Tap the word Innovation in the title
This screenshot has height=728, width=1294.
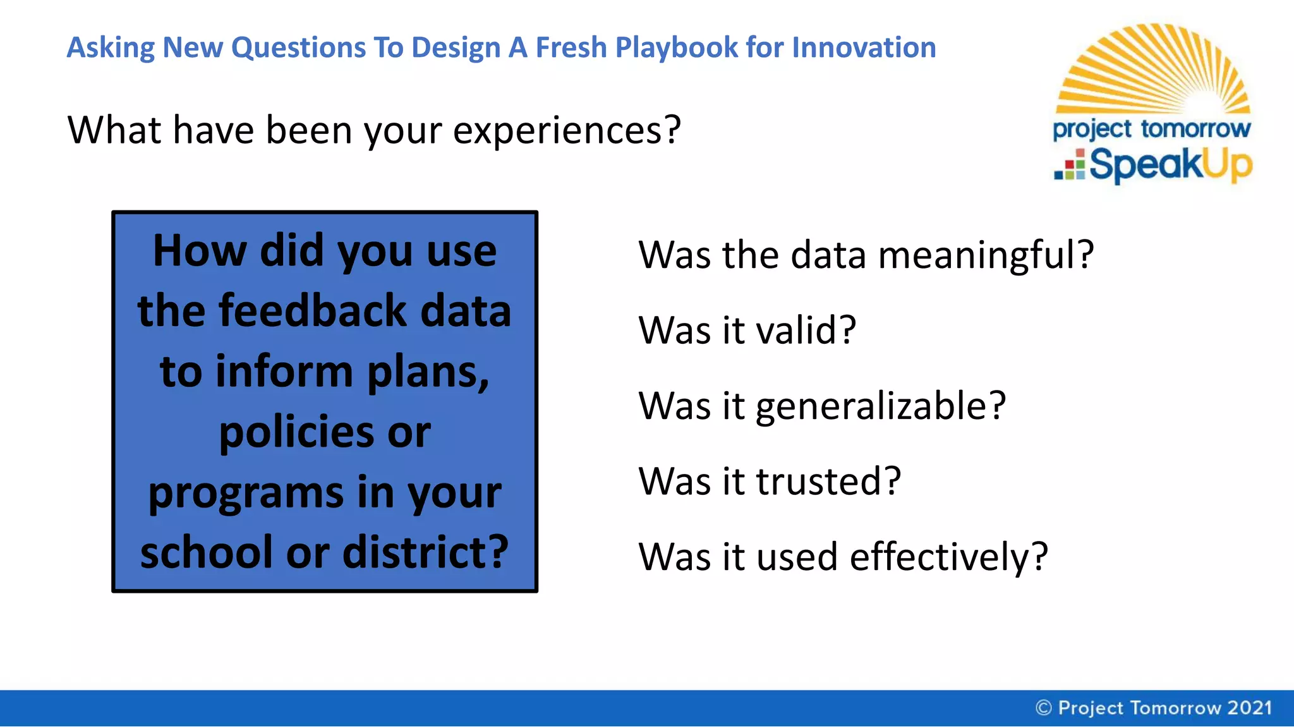point(864,48)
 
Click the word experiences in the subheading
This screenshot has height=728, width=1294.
point(566,130)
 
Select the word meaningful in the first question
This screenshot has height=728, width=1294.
point(985,255)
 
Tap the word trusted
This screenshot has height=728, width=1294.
point(828,481)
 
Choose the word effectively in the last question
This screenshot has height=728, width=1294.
point(948,557)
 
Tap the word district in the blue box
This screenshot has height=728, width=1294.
point(425,552)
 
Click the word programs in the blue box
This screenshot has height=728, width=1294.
point(246,494)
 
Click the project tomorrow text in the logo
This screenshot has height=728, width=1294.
point(1151,129)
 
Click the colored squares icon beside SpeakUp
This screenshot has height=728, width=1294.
point(1070,166)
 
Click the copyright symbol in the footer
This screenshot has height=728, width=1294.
point(1043,708)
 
